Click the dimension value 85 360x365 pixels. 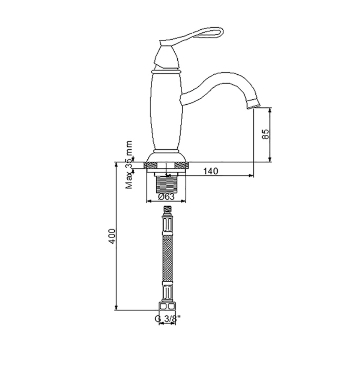coord(265,134)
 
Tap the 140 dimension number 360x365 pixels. coord(211,171)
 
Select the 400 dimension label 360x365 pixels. coord(112,236)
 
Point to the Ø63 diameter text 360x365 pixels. coord(166,197)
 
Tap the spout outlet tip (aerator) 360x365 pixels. coord(253,104)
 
